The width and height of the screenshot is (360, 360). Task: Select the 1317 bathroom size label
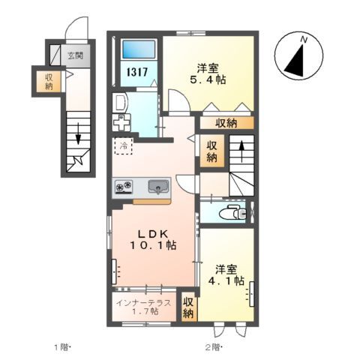tap(136, 73)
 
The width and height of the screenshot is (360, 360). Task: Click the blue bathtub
tap(139, 50)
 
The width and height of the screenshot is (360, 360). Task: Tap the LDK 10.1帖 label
tap(156, 238)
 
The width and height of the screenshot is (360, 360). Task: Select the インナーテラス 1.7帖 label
tap(143, 307)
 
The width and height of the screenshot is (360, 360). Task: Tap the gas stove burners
tap(124, 186)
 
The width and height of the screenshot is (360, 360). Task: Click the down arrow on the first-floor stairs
tap(77, 133)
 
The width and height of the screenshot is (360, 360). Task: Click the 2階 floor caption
tap(214, 346)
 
